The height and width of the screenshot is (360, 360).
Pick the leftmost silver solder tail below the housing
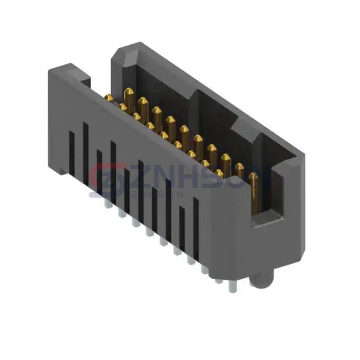click(107, 204)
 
